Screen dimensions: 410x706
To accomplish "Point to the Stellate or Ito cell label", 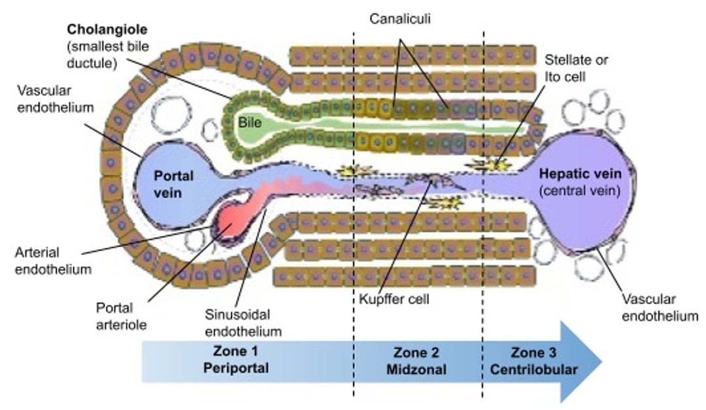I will pyautogui.click(x=576, y=67).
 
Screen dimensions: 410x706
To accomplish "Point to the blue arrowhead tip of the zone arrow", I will pyautogui.click(x=600, y=360).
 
